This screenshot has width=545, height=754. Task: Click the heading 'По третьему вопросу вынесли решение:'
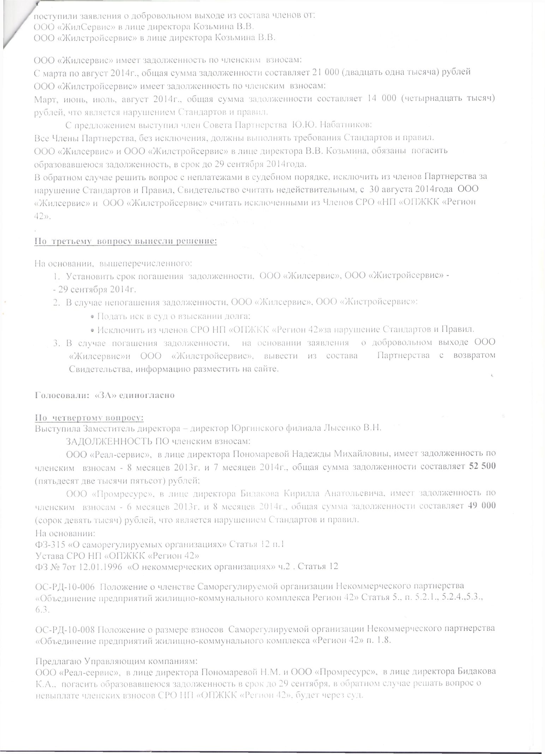coord(125,242)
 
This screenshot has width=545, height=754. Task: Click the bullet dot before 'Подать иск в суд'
coord(92,317)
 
